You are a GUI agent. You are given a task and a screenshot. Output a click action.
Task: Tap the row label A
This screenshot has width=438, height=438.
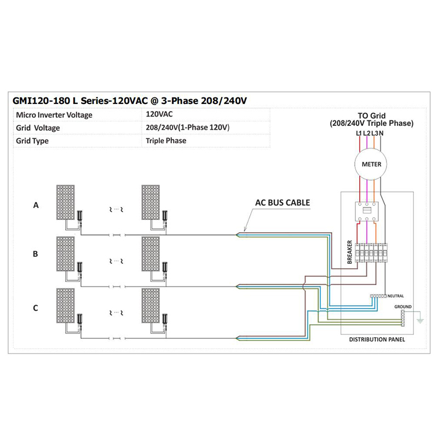[x=36, y=205]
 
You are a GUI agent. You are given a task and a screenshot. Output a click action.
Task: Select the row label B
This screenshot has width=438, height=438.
[x=36, y=254]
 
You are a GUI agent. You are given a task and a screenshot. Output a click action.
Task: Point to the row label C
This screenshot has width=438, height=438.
[x=36, y=308]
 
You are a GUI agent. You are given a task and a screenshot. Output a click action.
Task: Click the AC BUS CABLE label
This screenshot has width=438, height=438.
[x=283, y=203]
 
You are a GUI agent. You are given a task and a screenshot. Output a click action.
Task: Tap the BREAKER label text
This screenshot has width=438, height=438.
[x=350, y=252]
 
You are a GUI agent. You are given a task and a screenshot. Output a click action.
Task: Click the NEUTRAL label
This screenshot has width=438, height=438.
[x=395, y=296]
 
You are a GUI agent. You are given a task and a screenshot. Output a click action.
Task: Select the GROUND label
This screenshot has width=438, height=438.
[x=403, y=307]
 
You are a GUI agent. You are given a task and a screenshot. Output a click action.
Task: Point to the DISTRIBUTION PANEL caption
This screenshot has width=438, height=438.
[x=377, y=339]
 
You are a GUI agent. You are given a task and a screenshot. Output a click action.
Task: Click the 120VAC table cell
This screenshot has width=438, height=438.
[x=159, y=114]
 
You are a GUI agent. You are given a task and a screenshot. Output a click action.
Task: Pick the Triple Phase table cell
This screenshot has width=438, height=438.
[x=166, y=141]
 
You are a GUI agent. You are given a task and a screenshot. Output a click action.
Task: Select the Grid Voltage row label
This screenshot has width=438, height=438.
[x=38, y=128]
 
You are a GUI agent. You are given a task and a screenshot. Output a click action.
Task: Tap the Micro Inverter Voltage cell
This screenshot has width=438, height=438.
[x=54, y=115]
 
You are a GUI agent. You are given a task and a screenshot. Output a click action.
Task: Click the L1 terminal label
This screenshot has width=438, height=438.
[x=359, y=134]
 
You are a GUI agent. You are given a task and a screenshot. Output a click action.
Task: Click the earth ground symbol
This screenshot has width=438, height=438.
[x=420, y=320]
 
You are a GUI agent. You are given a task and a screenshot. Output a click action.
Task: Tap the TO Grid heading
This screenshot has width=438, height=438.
[x=372, y=116]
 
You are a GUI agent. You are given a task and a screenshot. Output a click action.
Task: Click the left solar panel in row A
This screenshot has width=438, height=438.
[x=65, y=202]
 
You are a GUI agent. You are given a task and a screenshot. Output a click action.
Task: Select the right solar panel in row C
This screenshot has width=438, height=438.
[x=151, y=306]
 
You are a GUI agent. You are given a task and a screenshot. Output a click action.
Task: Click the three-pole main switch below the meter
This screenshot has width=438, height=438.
[x=366, y=211]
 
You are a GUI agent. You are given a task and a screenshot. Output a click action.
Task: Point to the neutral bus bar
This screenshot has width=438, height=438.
[x=378, y=296]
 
